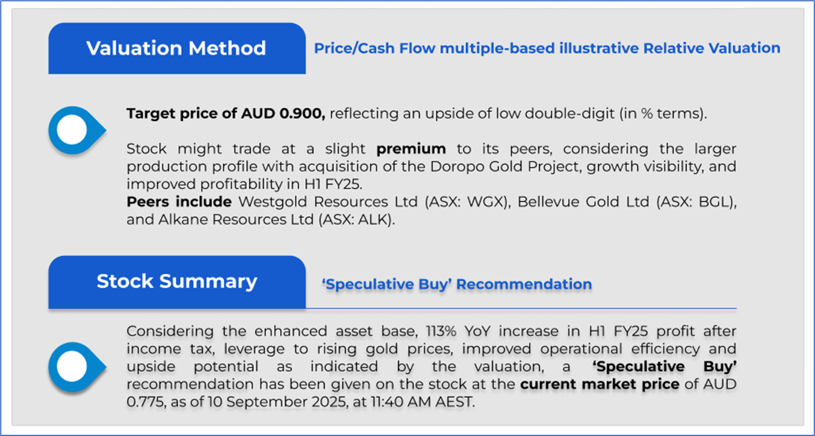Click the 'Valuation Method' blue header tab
click(x=177, y=48)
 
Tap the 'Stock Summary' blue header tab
click(x=177, y=282)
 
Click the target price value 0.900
click(x=302, y=114)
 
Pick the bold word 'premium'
click(x=411, y=149)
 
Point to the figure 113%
click(x=441, y=331)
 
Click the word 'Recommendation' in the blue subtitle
click(x=524, y=284)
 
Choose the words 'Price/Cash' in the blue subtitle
click(x=355, y=48)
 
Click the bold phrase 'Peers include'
click(x=179, y=202)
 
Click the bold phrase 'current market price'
click(x=600, y=384)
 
